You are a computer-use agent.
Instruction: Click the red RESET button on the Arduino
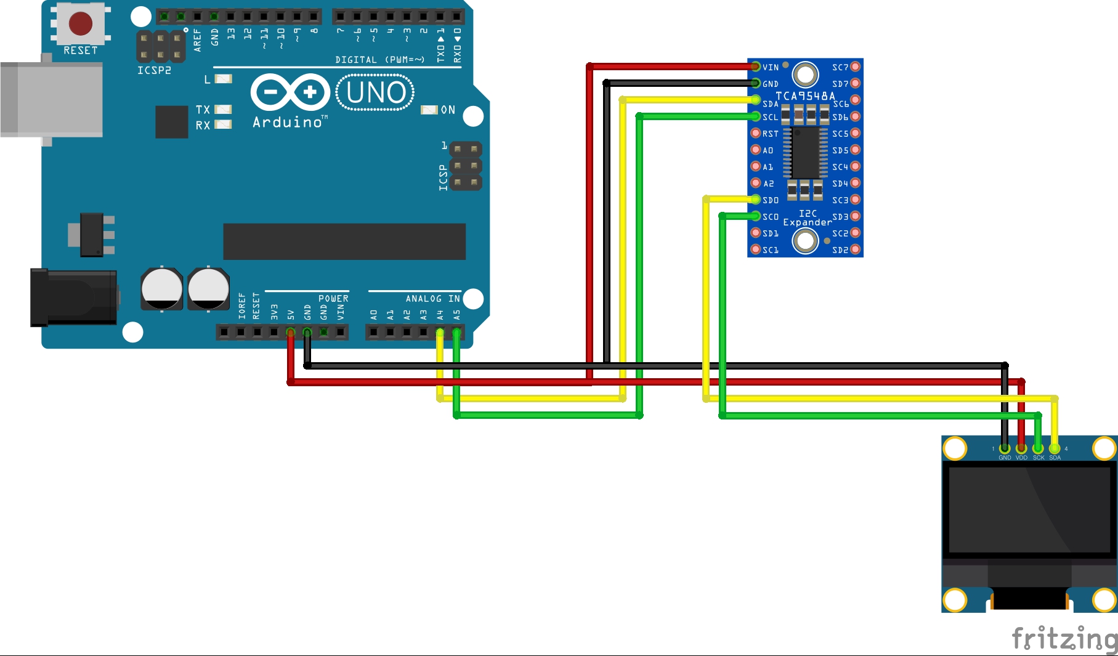point(81,23)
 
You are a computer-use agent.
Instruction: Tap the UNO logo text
point(376,93)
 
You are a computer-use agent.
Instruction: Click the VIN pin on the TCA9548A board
point(756,67)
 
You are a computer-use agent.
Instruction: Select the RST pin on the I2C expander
point(756,133)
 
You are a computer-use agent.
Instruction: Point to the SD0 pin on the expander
point(756,200)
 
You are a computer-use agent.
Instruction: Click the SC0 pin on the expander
point(756,216)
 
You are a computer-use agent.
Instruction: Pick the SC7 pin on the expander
point(855,67)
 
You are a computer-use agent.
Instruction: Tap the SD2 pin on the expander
point(855,249)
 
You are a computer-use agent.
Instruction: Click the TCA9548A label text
point(805,96)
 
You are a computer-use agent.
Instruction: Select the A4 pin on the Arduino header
point(440,333)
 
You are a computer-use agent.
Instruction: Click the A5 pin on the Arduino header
point(456,333)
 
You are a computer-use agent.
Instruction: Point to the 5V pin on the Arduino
point(291,333)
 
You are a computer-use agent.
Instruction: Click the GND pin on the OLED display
point(1005,449)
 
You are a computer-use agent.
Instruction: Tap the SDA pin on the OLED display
point(1055,449)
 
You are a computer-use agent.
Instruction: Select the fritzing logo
point(1064,638)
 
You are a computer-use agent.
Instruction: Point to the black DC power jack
point(74,298)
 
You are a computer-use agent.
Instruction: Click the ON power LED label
point(448,110)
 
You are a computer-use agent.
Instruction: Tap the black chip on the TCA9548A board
point(805,152)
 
